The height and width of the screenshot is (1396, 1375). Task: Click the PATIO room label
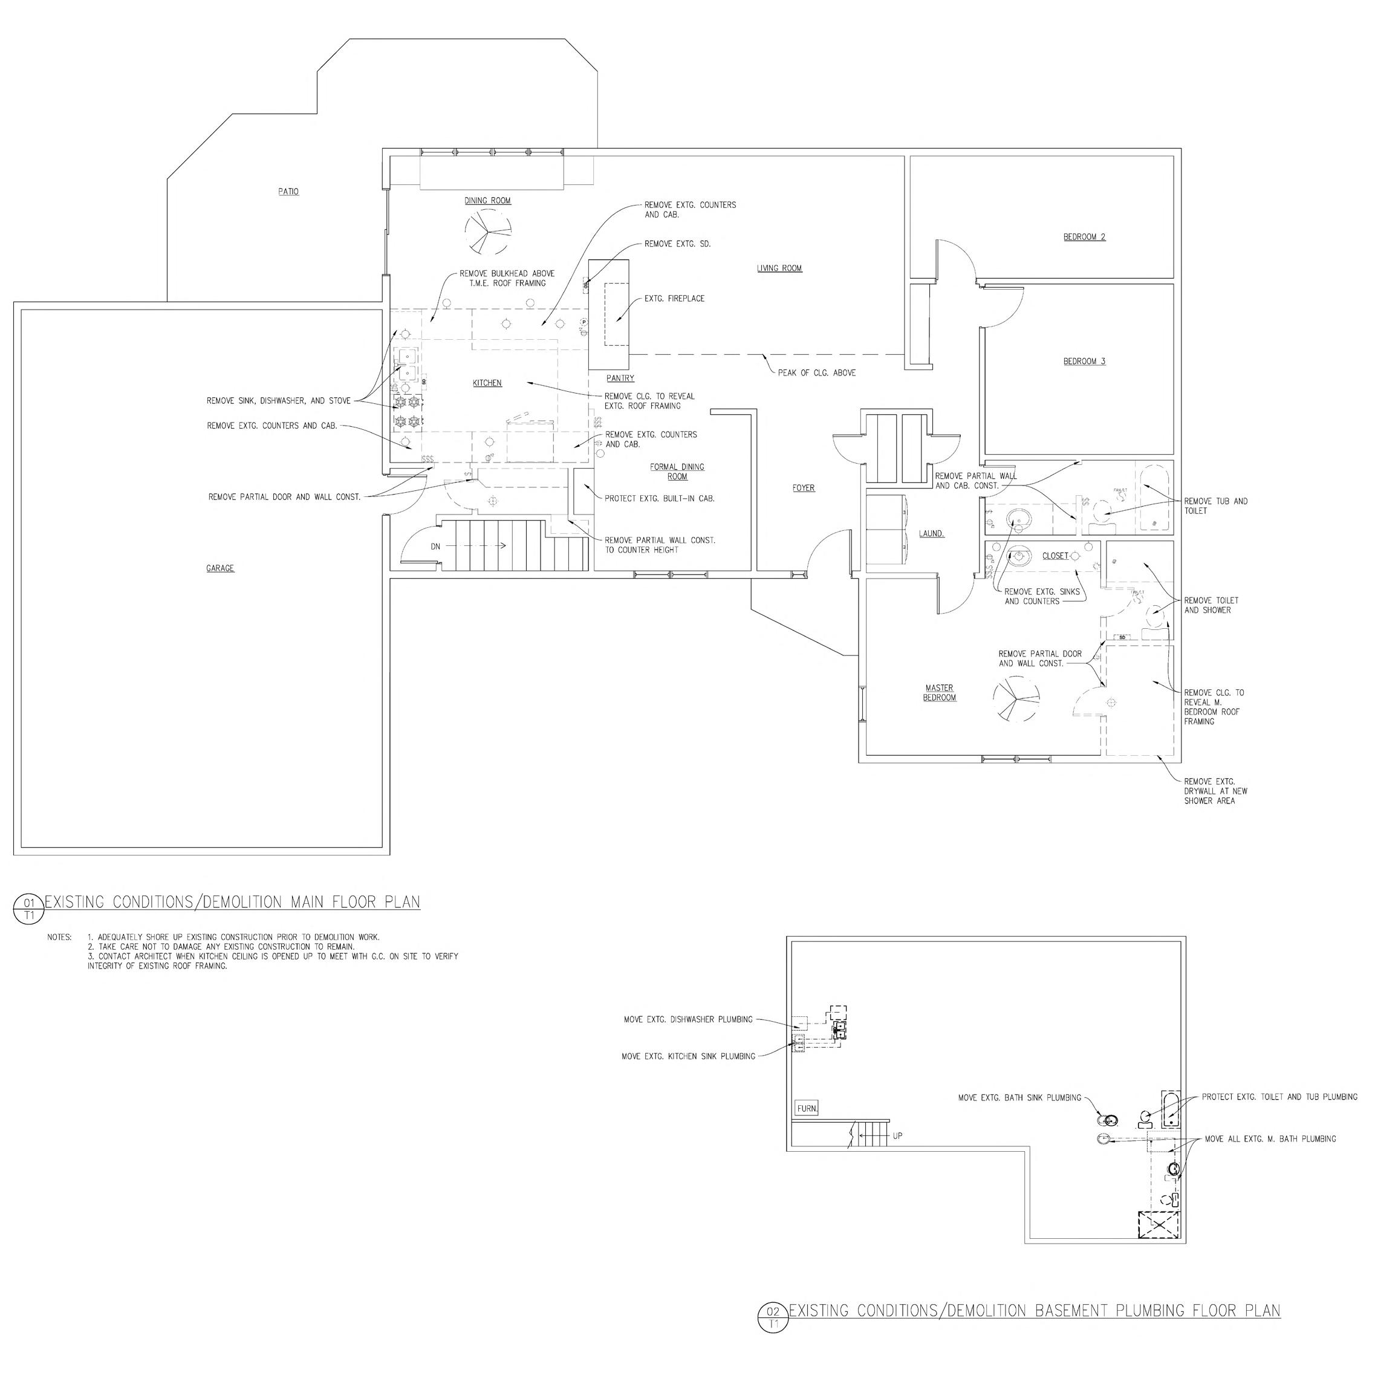point(288,192)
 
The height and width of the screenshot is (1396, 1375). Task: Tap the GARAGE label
point(220,568)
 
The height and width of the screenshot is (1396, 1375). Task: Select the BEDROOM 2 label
point(1084,237)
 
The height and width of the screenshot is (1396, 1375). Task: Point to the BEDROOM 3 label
point(1084,361)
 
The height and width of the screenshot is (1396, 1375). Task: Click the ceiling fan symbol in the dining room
point(488,233)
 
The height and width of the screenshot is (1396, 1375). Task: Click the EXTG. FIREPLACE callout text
point(675,298)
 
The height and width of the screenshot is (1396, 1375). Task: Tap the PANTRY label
point(620,378)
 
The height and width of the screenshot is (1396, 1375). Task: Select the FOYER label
point(803,488)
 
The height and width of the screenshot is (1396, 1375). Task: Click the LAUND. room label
point(932,534)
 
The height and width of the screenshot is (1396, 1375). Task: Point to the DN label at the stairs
point(435,547)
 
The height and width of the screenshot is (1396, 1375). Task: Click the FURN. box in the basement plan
point(807,1108)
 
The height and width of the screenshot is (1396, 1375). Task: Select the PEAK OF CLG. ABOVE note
point(816,372)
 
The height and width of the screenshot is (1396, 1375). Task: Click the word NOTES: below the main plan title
point(59,937)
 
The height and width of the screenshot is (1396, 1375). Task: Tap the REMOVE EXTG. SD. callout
point(677,244)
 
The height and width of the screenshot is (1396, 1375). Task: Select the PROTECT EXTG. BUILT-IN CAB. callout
point(659,498)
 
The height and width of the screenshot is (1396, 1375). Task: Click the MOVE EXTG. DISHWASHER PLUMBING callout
point(687,1020)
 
